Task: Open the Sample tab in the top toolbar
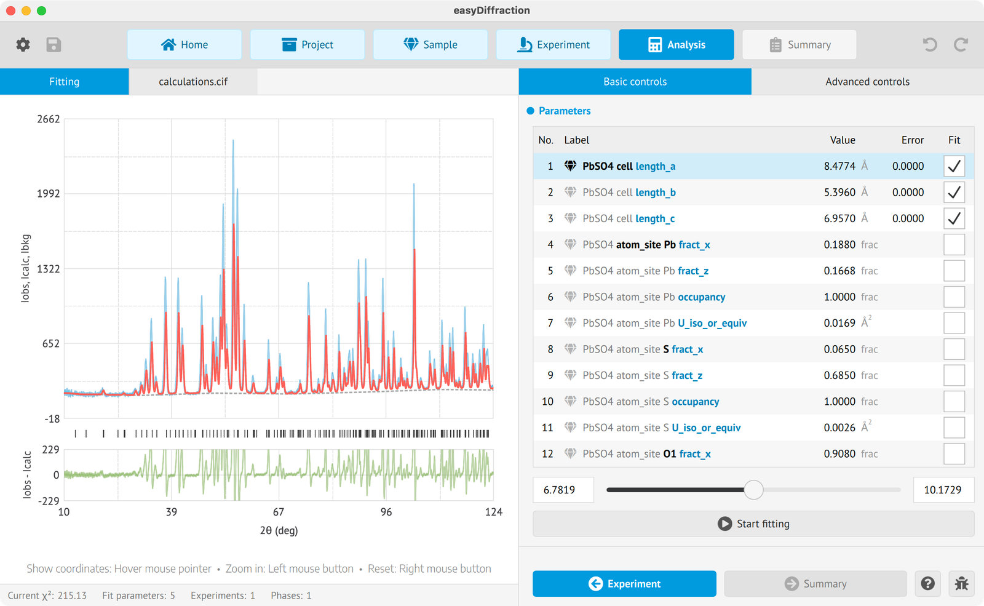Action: [430, 44]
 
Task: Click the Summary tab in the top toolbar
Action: [799, 44]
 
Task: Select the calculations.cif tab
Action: [193, 82]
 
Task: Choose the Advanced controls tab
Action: [867, 82]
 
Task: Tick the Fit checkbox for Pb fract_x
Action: [954, 245]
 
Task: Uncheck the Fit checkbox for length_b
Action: [954, 193]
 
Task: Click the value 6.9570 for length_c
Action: [839, 218]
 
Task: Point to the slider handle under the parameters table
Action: [753, 490]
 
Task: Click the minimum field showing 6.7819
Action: [563, 490]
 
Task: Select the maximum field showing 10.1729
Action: [943, 490]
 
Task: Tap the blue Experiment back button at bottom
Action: [624, 584]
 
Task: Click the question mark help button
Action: [927, 584]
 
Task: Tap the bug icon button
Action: [961, 584]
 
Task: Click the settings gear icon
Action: [23, 44]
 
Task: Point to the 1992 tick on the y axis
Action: [49, 193]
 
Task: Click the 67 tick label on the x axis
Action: [279, 512]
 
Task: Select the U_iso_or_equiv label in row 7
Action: [712, 323]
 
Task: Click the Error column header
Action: [913, 140]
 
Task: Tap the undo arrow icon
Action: [929, 44]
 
